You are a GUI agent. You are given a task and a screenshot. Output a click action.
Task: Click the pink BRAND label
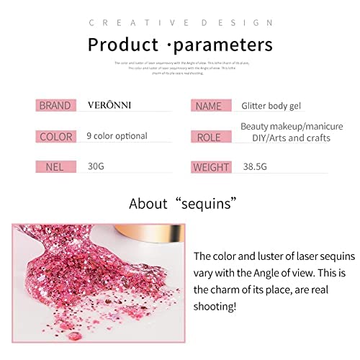coord(55,106)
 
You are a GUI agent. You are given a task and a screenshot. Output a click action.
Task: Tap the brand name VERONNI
coord(109,106)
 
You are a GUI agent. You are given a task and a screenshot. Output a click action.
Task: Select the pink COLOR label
coord(55,136)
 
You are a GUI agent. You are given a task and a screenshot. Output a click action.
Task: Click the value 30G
coord(96,166)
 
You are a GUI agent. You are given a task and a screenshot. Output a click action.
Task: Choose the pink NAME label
coord(210,106)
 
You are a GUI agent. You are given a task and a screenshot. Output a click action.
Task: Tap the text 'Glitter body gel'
coord(277,106)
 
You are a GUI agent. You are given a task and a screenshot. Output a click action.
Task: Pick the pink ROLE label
coord(210,137)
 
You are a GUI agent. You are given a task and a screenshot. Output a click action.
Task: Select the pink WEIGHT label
coord(211,168)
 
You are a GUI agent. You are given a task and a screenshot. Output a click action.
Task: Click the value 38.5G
coord(257,167)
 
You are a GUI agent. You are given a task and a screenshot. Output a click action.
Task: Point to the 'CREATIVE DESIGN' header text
coord(180,23)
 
